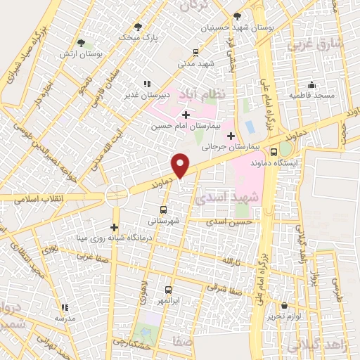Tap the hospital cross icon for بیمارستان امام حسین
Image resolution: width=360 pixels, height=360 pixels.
[x=186, y=115]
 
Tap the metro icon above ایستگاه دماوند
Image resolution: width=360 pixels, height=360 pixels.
[x=283, y=150]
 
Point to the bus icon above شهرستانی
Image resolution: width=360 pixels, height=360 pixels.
[x=163, y=210]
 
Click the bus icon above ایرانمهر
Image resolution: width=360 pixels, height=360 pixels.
[x=168, y=289]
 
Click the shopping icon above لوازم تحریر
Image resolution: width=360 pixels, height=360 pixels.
[x=285, y=306]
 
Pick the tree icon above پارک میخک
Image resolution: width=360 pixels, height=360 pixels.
[x=138, y=27]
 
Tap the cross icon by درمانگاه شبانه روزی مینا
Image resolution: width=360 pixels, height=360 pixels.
[x=114, y=226]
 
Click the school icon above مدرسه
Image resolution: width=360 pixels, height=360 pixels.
[x=65, y=307]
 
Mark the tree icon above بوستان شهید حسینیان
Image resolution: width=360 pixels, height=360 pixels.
[x=236, y=15]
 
